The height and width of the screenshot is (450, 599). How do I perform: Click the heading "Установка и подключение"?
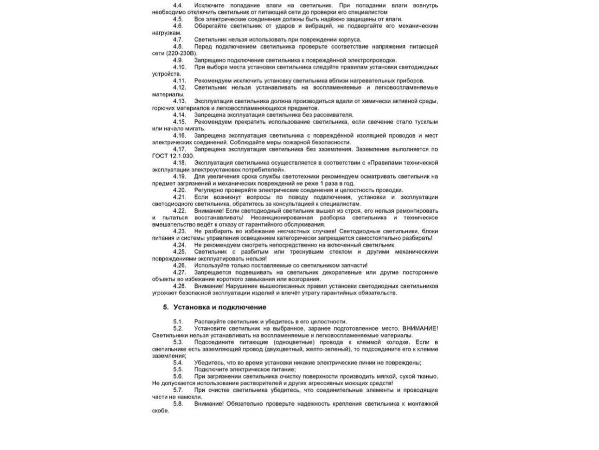220,307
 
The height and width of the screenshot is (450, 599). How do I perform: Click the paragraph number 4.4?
178,5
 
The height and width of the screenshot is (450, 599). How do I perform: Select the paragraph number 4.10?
179,67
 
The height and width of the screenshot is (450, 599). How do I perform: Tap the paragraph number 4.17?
179,149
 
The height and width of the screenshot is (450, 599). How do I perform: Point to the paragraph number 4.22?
179,210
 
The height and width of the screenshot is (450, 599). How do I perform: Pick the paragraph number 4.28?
179,286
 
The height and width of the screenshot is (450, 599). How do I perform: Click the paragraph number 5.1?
178,321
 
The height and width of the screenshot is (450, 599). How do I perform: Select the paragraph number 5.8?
178,403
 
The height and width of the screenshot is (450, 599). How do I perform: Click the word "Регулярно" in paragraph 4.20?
208,190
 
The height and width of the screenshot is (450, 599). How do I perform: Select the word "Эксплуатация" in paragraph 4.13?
214,101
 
